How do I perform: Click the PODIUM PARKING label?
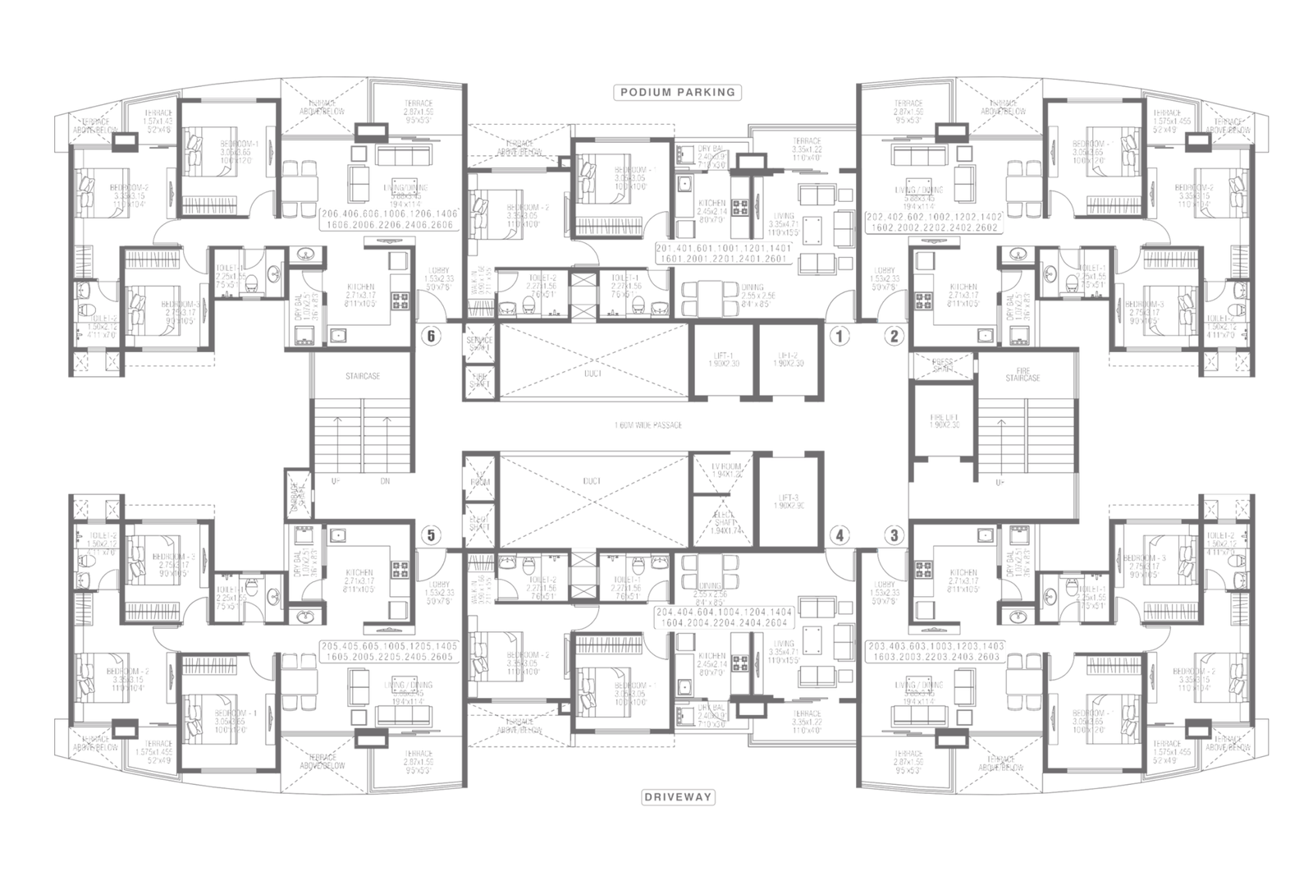coord(677,92)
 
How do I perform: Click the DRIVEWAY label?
coord(677,796)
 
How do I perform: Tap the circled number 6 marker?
coord(428,335)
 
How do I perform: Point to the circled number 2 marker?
coord(894,335)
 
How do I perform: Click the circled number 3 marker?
coord(894,535)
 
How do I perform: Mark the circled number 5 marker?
coord(428,535)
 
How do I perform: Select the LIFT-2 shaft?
coord(788,360)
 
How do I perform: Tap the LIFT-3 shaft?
coord(788,501)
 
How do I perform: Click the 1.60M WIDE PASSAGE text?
coord(648,425)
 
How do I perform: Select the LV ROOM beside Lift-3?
coord(721,471)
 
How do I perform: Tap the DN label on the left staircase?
coord(385,482)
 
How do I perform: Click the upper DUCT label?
coord(593,373)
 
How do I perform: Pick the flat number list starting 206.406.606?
coord(390,218)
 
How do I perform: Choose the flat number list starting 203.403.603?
coord(933,652)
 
